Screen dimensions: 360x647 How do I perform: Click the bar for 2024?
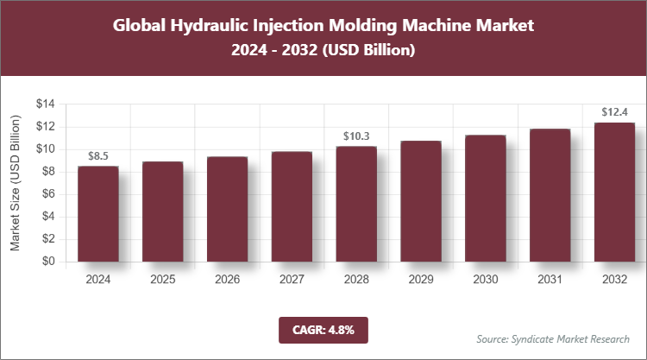(x=97, y=213)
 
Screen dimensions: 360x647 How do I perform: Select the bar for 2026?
(x=227, y=209)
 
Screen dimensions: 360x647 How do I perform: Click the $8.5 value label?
(x=98, y=156)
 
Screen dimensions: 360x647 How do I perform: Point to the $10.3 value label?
(x=356, y=136)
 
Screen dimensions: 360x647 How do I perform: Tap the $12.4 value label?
(x=614, y=112)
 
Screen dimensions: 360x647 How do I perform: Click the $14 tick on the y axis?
(x=46, y=104)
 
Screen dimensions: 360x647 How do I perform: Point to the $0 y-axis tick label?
(x=49, y=262)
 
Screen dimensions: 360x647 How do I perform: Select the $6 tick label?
(x=49, y=194)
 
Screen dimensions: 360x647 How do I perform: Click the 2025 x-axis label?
(x=162, y=280)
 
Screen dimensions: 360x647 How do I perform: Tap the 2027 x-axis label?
(x=292, y=280)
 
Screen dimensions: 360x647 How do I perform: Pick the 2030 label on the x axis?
(x=486, y=280)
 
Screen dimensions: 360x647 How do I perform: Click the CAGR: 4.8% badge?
(x=323, y=329)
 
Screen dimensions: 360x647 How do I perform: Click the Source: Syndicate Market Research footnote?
(x=553, y=338)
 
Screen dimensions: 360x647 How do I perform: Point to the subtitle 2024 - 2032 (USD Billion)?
(x=323, y=51)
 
